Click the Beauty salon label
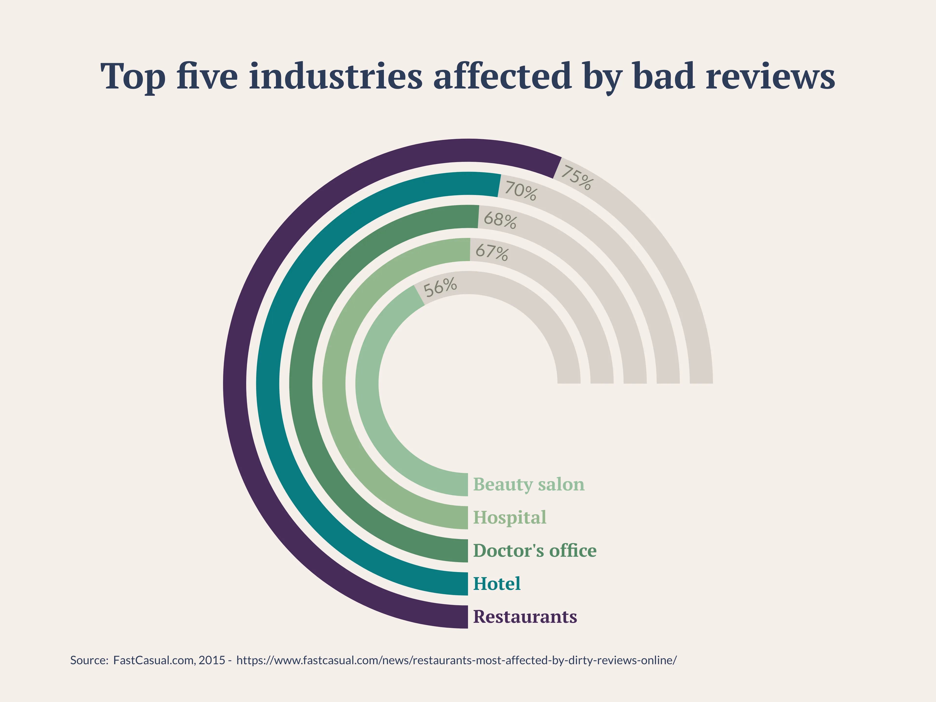click(528, 484)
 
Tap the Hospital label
click(509, 517)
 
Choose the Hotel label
click(496, 584)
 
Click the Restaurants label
click(525, 616)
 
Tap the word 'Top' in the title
click(133, 77)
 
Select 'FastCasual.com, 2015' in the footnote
click(169, 660)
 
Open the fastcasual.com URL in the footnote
click(456, 660)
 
